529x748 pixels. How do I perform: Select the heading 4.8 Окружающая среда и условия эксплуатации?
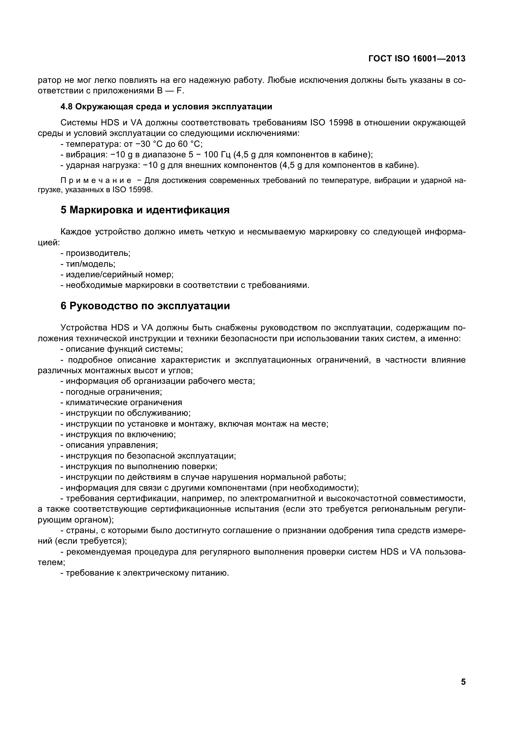166,106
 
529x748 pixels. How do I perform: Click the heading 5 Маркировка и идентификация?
145,210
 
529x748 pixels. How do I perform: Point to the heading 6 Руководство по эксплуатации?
145,306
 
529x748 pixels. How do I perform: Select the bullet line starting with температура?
131,144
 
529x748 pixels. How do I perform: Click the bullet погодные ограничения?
111,392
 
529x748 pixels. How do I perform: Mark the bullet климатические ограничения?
122,403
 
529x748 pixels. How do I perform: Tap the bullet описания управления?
109,445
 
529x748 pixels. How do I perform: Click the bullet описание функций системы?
122,349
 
